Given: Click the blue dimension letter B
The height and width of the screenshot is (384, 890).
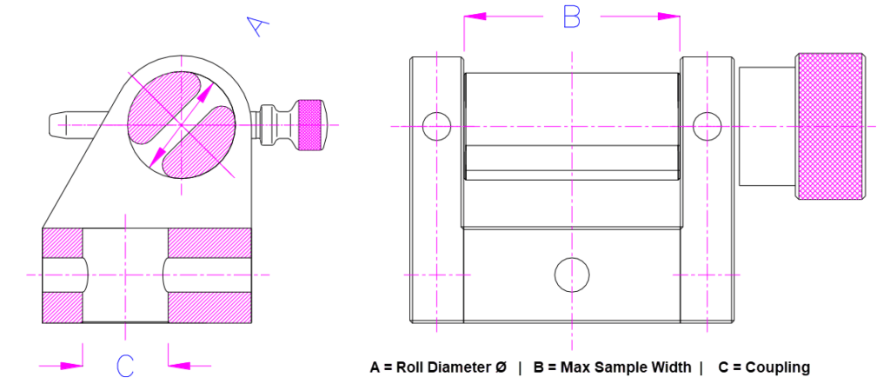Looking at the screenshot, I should tap(571, 17).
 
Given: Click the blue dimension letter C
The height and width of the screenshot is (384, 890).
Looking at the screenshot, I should tap(125, 366).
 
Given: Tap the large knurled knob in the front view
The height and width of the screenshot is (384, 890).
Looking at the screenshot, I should tap(831, 125).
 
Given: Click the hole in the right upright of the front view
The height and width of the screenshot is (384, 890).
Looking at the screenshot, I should tap(707, 126).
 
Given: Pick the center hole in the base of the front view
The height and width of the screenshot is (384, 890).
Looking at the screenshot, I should tap(571, 274).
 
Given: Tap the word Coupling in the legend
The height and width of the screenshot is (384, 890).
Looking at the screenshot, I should tap(777, 367).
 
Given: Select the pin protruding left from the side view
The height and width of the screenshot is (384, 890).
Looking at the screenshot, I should tap(74, 124).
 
